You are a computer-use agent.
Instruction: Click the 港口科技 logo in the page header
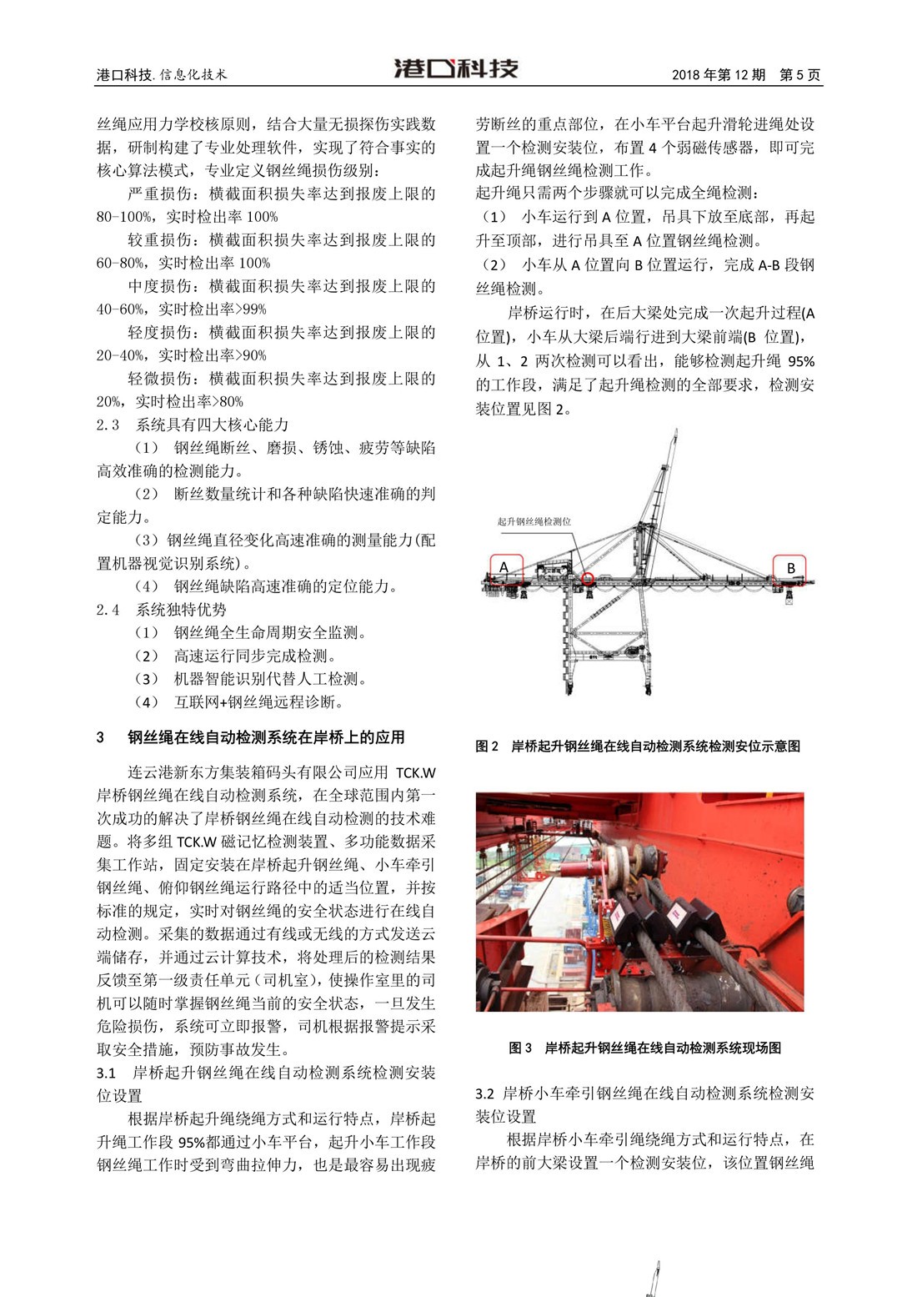456,69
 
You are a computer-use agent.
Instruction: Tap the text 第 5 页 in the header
799,75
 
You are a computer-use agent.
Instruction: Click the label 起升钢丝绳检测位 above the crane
534,521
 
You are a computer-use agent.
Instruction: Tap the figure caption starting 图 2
638,746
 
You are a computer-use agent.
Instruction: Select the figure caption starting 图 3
644,1048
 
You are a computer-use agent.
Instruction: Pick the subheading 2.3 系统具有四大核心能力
193,425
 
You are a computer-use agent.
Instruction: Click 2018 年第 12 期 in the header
719,75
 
